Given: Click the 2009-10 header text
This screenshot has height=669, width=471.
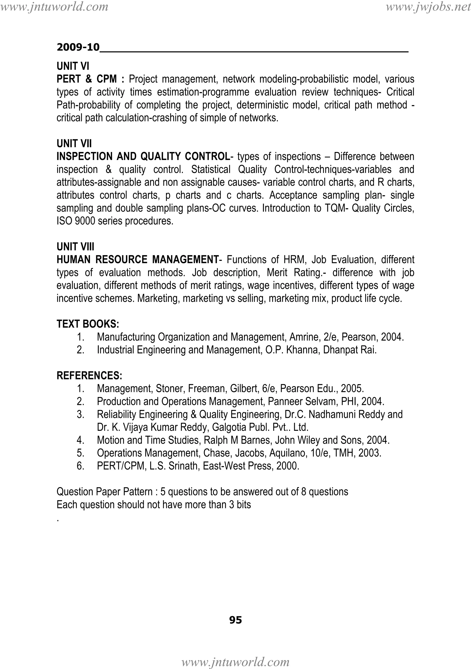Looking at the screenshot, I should (x=78, y=47).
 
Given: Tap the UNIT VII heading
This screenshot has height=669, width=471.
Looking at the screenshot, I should (x=74, y=143).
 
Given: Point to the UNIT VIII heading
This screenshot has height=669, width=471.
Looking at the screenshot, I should (x=75, y=247).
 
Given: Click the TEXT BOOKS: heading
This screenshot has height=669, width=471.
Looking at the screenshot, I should (x=88, y=324).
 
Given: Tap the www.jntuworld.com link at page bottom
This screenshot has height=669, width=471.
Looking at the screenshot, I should (x=235, y=662).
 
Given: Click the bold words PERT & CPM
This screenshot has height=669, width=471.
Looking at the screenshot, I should (x=86, y=79).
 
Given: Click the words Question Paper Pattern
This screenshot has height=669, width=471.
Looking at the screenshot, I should (x=104, y=492).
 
